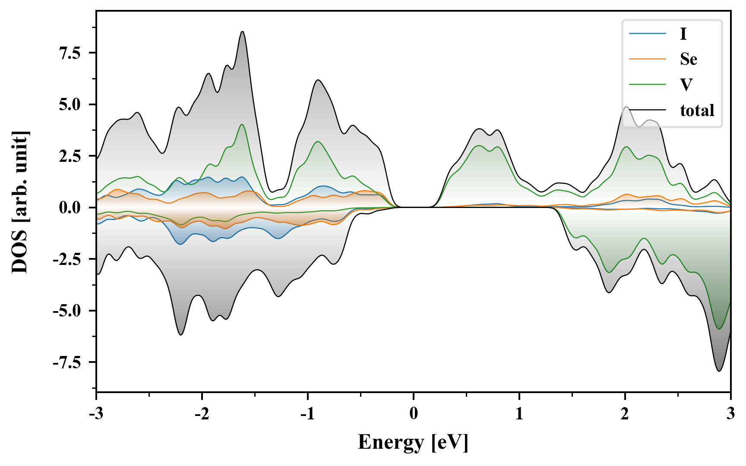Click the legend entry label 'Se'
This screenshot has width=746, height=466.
pos(688,59)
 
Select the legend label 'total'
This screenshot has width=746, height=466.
pos(697,110)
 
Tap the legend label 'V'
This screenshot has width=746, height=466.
pos(686,85)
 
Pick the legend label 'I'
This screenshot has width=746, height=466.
pos(683,34)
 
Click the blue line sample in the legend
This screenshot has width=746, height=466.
pos(648,34)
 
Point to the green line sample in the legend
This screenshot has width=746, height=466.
pos(648,85)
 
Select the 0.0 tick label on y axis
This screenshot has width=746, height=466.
pos(71,208)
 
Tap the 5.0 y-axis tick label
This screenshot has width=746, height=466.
pos(71,105)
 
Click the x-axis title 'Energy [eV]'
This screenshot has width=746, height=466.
pos(413,442)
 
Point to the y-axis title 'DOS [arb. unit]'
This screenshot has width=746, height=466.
pos(20,202)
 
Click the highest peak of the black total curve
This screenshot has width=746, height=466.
pos(243,31)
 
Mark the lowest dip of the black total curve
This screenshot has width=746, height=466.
pos(719,371)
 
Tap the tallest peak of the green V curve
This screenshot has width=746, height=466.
pos(242,125)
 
